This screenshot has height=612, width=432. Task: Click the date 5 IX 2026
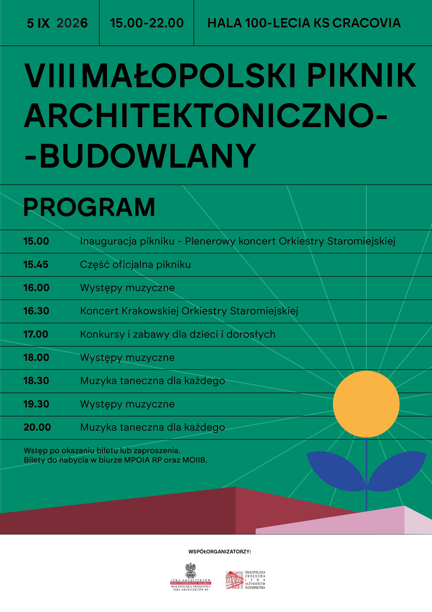(x=57, y=23)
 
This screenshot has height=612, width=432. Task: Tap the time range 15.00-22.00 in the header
(x=147, y=23)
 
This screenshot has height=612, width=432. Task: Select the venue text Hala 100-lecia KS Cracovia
(x=304, y=23)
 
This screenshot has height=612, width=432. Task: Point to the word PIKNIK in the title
(x=362, y=76)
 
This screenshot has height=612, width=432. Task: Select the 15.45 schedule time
(x=36, y=265)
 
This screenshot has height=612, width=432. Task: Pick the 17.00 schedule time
(x=36, y=334)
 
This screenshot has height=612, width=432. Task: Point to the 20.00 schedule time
(x=37, y=427)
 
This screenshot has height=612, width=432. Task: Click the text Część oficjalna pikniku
(x=135, y=265)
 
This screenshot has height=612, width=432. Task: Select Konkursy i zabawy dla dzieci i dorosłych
(x=178, y=335)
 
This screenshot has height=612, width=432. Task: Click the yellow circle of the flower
(x=366, y=404)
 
